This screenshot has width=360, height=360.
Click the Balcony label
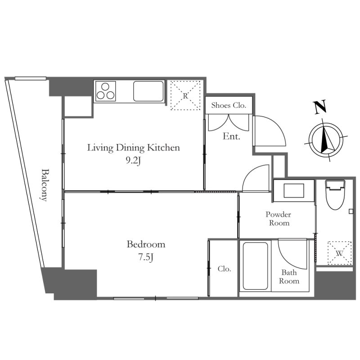click(45, 185)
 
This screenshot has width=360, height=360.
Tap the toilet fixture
click(335, 195)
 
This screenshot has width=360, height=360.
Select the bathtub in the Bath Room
click(255, 266)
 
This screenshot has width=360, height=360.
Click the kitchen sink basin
click(148, 91)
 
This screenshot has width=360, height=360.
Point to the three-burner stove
click(105, 91)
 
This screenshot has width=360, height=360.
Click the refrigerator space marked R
click(185, 95)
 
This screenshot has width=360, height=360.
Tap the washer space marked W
click(339, 253)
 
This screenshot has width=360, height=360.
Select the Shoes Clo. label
click(229, 105)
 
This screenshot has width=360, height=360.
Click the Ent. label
click(231, 136)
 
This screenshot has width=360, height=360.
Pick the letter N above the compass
click(320, 107)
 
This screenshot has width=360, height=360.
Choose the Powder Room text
click(279, 219)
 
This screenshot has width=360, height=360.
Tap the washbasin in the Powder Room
click(294, 190)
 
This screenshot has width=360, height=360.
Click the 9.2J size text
click(133, 161)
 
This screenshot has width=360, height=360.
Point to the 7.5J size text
click(146, 257)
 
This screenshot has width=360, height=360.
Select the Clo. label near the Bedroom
click(224, 269)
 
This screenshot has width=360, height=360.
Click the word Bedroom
click(146, 244)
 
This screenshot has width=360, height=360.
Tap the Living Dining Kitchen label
click(133, 148)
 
